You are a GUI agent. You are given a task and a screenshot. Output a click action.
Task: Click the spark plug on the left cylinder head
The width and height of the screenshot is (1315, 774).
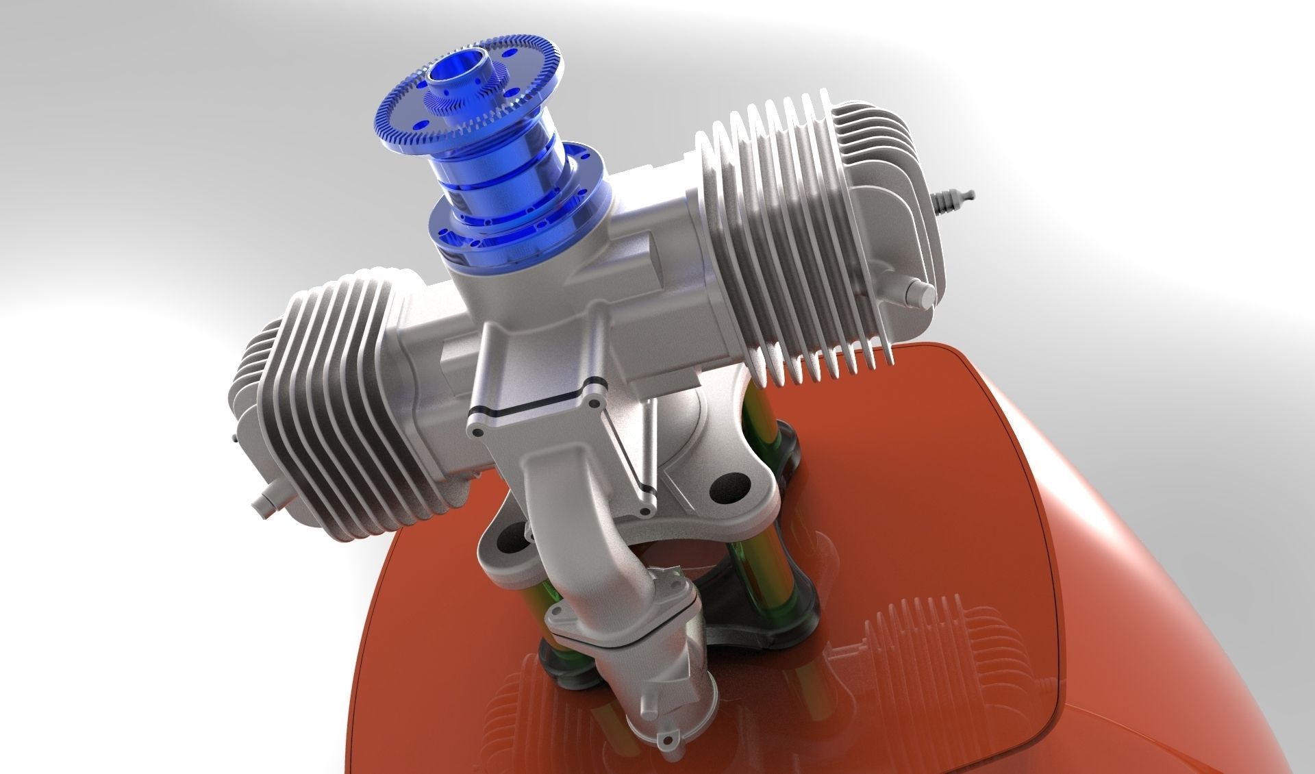coord(235,438)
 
